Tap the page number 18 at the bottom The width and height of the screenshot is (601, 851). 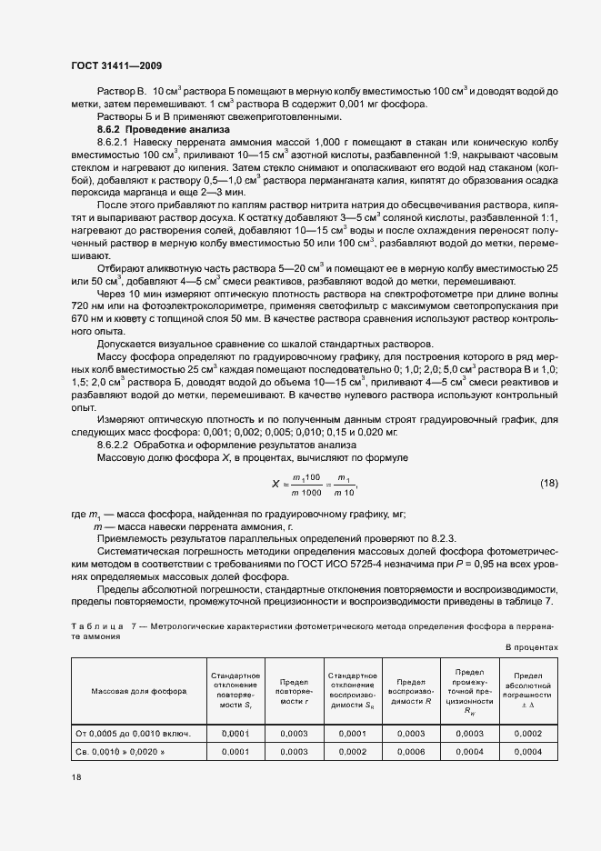[75, 777]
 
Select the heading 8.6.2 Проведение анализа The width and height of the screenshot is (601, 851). [153, 130]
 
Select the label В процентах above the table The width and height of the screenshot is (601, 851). [531, 646]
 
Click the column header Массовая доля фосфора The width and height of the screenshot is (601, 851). [138, 690]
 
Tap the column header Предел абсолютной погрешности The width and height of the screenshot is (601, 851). [527, 690]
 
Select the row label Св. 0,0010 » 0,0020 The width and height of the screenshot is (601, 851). [127, 753]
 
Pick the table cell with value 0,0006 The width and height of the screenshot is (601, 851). [411, 753]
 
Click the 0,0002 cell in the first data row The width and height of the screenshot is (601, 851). [527, 733]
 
